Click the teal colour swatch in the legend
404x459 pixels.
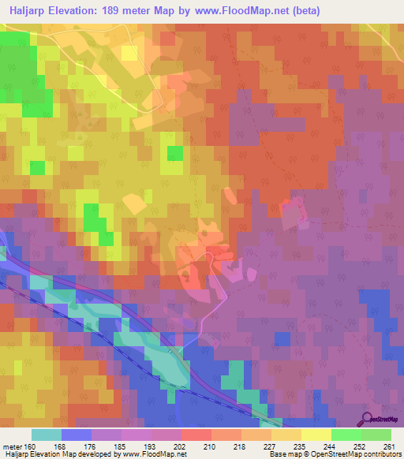(x=46, y=435)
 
